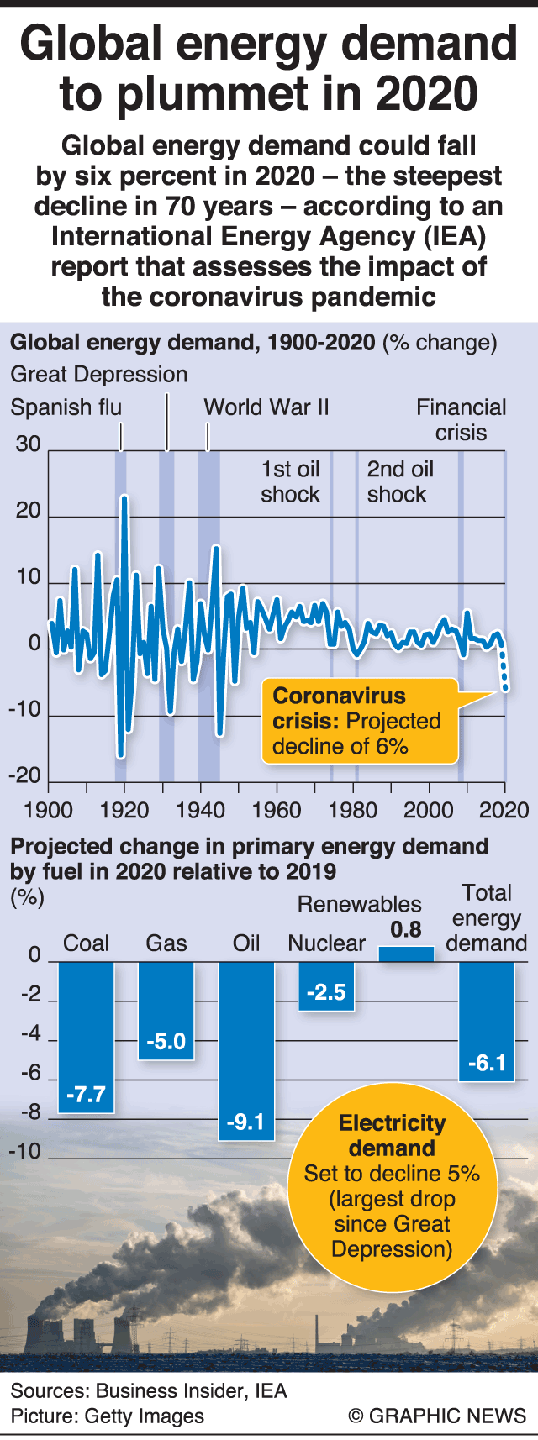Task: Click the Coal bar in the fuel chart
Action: (x=86, y=1037)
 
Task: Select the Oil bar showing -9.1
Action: (x=246, y=1050)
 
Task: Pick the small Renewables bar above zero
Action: (x=406, y=954)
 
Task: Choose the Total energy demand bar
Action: (x=486, y=1021)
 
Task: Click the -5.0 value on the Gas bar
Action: (x=166, y=1042)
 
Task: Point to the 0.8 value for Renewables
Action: (x=406, y=929)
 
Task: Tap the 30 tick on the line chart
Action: (x=28, y=444)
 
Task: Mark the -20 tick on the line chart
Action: (x=25, y=775)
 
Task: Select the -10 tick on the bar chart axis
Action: (x=25, y=1150)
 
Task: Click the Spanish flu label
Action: (x=66, y=407)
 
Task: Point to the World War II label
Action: (x=266, y=407)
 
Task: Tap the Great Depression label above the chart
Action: (x=98, y=374)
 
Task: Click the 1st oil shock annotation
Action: (x=290, y=481)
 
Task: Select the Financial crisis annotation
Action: (x=462, y=420)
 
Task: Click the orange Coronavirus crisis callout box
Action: (x=359, y=721)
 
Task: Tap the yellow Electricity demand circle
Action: (x=392, y=1185)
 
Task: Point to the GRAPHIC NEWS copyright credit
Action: (x=437, y=1415)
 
